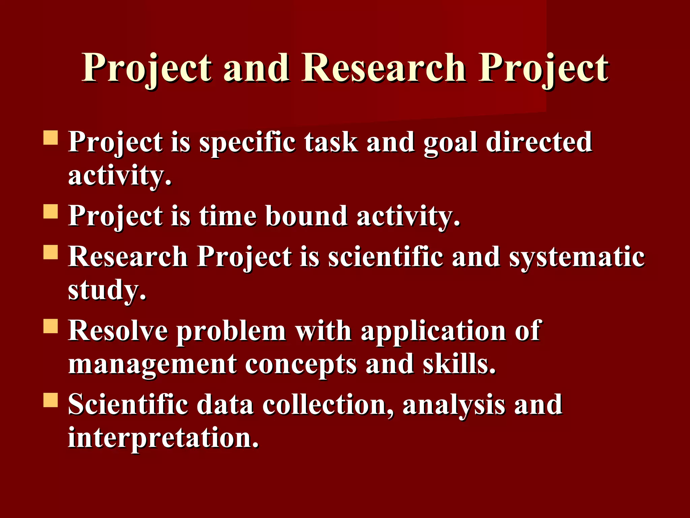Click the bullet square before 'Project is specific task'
(x=51, y=138)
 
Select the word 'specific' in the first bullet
(x=247, y=142)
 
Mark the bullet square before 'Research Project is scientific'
(x=51, y=252)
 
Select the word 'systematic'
(x=577, y=257)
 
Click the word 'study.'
(x=107, y=290)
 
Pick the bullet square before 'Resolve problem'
(x=51, y=326)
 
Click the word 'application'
(x=433, y=331)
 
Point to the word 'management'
(x=152, y=364)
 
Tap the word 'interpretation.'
(x=163, y=438)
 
